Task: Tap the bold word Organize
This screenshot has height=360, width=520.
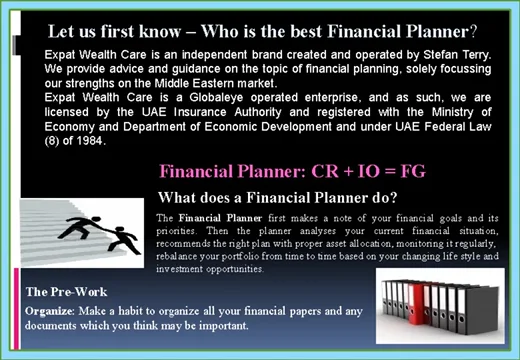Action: point(47,311)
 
